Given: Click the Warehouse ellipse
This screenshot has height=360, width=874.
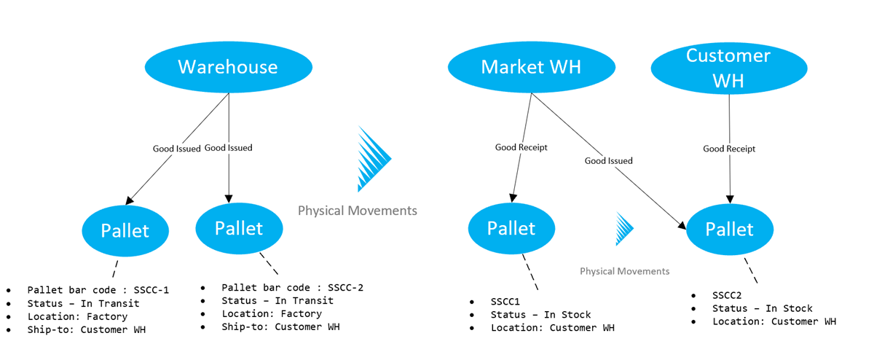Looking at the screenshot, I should point(228,68).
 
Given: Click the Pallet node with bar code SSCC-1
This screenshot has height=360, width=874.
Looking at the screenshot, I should point(125,231).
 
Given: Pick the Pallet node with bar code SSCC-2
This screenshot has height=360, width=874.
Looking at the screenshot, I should point(239,227).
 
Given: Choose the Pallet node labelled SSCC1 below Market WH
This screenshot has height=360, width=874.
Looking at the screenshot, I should point(511,228).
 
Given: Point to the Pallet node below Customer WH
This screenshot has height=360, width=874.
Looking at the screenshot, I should point(730,229).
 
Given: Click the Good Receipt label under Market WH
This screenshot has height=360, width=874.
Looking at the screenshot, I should point(521,147).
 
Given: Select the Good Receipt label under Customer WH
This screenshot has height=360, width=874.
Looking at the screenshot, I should point(729,149).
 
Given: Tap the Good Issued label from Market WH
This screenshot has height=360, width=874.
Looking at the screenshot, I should point(608,160).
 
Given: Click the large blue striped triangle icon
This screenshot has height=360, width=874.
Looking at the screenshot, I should point(373,158).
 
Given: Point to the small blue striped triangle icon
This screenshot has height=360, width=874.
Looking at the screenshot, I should point(624,228).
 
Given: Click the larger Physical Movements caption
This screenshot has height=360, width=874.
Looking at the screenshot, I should point(358,211).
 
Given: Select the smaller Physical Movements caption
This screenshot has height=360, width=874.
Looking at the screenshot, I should point(624,271).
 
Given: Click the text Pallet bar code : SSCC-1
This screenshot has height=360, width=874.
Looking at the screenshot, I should point(98,290).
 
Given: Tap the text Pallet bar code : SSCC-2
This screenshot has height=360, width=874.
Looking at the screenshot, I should point(292,288).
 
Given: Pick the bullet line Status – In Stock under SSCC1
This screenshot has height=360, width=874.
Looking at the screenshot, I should point(540,315).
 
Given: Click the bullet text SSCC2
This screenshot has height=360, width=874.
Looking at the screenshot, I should point(727,295).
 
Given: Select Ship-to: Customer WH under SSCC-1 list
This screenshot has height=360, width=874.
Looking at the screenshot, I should point(86,329).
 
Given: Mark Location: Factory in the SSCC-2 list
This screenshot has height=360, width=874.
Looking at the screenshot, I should point(272,314).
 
